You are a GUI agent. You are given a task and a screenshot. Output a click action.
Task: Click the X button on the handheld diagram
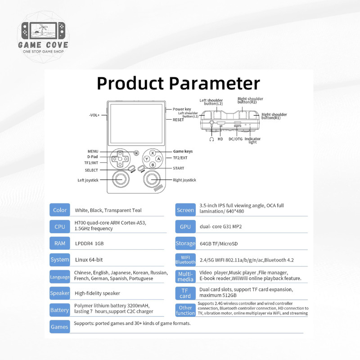(153, 153)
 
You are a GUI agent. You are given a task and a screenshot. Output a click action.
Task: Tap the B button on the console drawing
(153, 165)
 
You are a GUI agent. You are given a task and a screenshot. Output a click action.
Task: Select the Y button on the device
(147, 159)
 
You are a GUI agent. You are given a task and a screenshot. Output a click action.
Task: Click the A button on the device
(159, 159)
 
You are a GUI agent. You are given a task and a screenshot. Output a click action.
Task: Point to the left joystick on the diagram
(121, 178)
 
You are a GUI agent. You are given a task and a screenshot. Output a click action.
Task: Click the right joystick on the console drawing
(152, 178)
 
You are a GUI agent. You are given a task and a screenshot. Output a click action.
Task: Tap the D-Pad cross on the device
(120, 159)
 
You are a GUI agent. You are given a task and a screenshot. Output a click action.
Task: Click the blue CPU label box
(60, 227)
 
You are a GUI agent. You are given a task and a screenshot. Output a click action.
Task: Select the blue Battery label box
(60, 310)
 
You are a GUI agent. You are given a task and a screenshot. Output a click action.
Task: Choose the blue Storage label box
(185, 243)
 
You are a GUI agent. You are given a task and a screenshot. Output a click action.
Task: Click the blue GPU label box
(185, 227)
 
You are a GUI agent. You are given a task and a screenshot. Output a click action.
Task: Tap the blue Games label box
(60, 327)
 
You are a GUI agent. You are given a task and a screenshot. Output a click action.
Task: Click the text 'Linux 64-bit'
(89, 260)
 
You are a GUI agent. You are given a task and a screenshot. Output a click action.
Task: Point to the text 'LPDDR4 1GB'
(89, 243)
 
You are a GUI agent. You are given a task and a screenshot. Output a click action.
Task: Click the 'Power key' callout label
(182, 109)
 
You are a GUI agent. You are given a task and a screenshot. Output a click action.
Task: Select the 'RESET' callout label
(178, 120)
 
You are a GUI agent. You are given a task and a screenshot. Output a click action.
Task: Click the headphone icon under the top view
(211, 139)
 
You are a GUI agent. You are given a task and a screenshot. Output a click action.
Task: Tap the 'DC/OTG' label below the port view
(235, 139)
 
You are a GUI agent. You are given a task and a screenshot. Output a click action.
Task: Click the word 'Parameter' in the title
(215, 83)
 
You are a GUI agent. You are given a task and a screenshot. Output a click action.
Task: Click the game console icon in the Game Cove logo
(43, 31)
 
